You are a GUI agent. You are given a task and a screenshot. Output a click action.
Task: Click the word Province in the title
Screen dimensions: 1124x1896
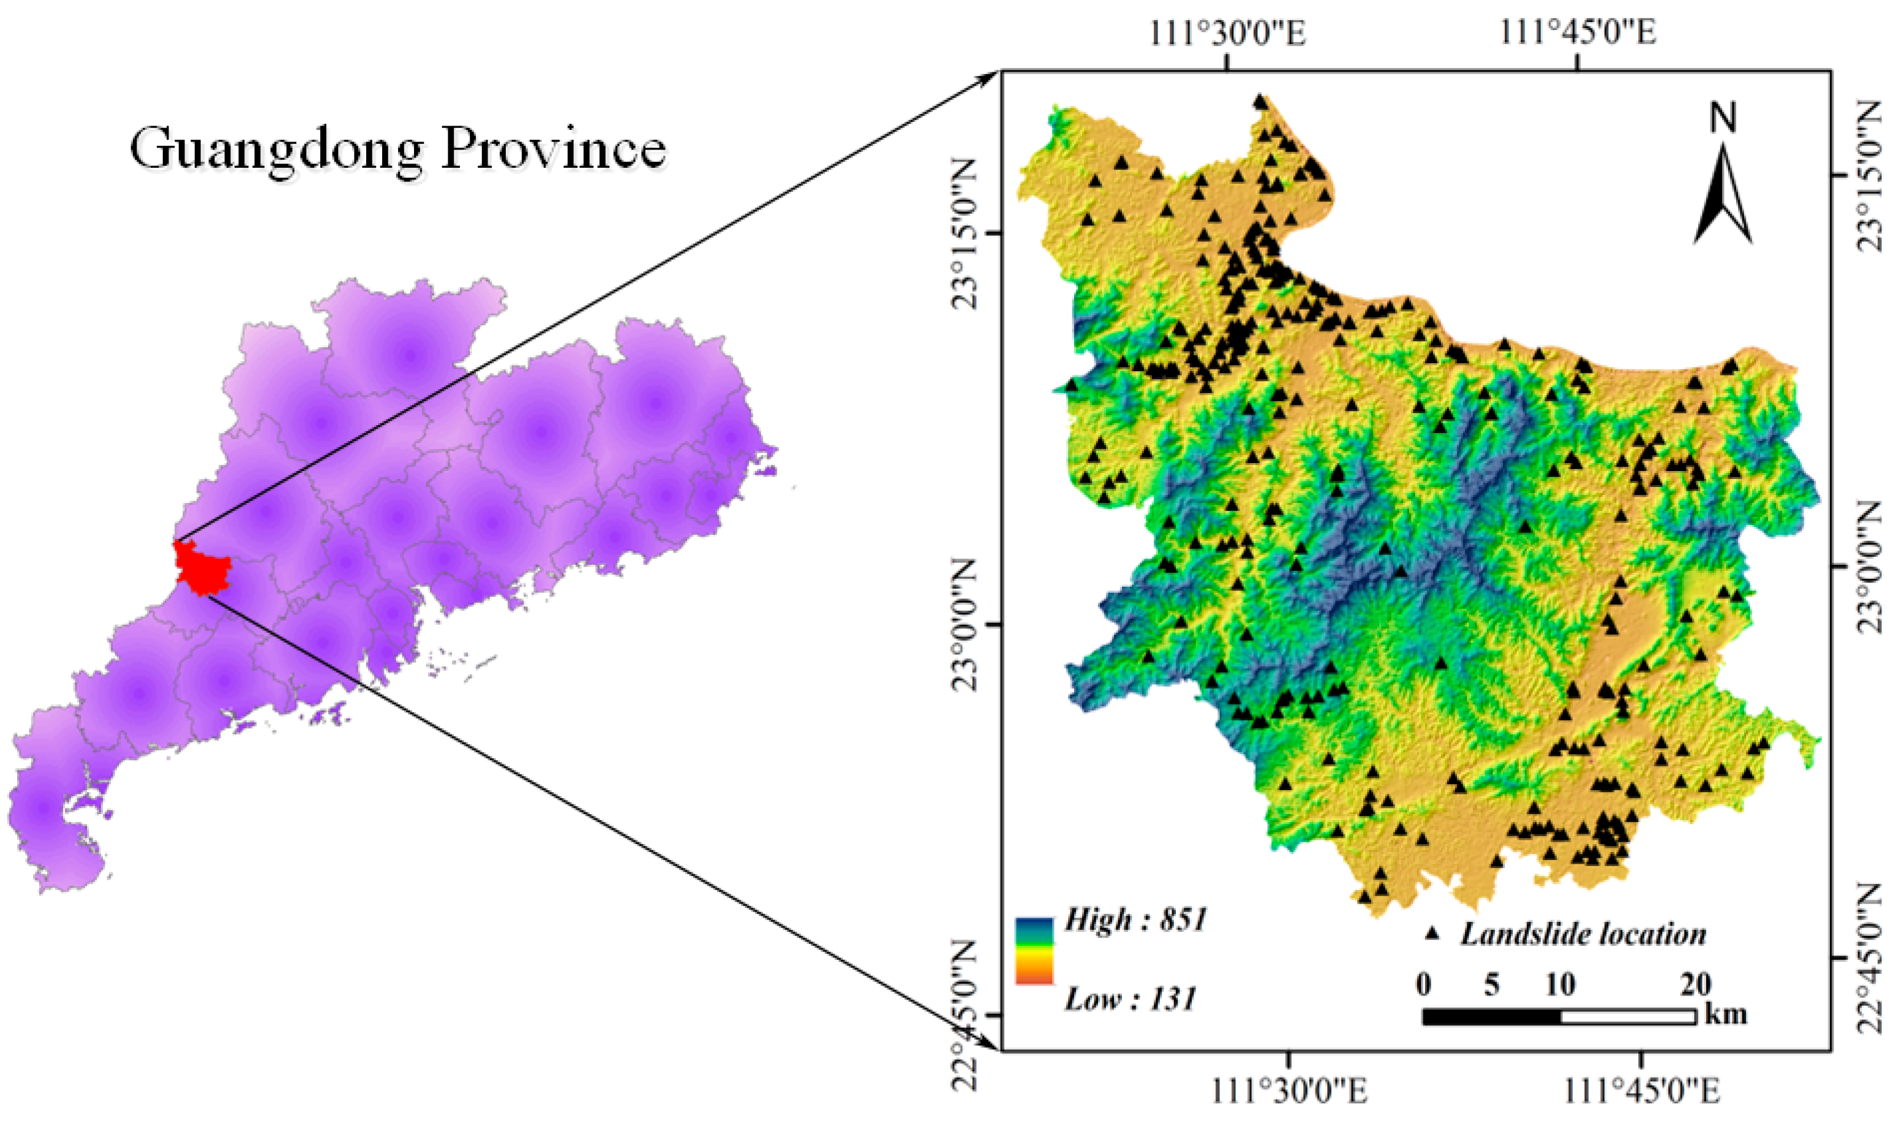[553, 148]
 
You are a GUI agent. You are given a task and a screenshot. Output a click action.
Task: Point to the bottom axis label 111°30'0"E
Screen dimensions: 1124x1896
[1287, 1092]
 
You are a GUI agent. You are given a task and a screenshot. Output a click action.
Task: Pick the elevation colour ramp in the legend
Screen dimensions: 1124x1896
[1034, 951]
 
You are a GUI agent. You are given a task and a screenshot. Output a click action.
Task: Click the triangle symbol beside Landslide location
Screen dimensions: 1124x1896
[1431, 934]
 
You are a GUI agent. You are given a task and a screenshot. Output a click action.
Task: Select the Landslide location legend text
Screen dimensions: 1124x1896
[1582, 934]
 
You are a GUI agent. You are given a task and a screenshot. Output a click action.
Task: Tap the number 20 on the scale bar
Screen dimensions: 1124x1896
[1695, 984]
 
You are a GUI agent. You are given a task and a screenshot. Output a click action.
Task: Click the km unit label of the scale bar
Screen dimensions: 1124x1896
[1726, 1013]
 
